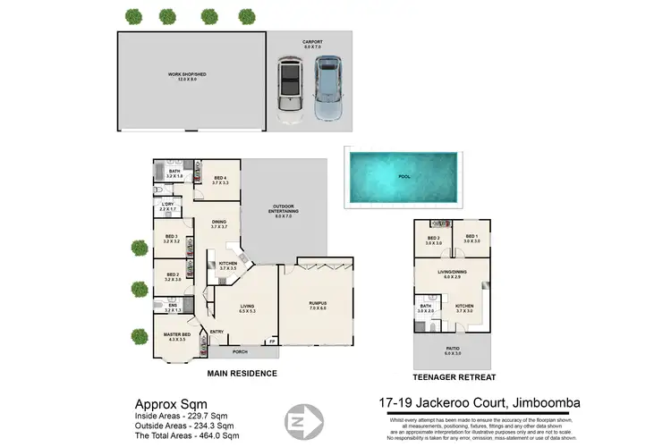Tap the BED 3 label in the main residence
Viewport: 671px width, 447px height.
(173, 239)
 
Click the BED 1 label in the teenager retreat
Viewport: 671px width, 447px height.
(471, 239)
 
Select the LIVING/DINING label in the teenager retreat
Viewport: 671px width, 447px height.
(452, 275)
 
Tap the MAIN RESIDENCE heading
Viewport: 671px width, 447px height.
(242, 374)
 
